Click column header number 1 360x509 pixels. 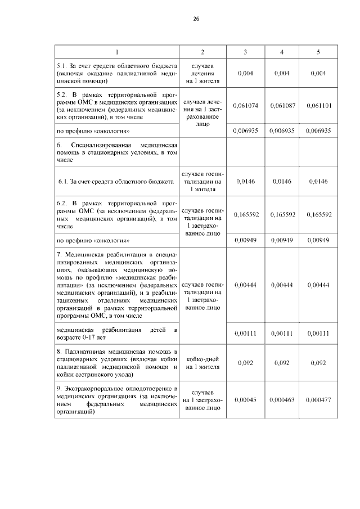click(116, 52)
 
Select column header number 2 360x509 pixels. click(202, 52)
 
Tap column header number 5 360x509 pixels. click(318, 52)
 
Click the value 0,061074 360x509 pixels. click(245, 106)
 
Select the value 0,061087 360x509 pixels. click(282, 106)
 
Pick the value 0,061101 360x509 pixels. click(318, 106)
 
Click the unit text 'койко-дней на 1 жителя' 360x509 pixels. click(202, 363)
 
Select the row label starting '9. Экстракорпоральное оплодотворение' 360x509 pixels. click(116, 400)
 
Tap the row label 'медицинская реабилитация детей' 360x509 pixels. click(116, 333)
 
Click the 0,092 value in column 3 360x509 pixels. click(245, 363)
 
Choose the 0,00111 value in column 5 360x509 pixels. click(318, 333)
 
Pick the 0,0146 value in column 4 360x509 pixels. click(282, 182)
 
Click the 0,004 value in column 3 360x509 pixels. click(245, 73)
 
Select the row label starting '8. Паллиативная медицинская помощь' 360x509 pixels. click(116, 363)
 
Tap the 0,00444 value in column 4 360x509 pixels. click(282, 285)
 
